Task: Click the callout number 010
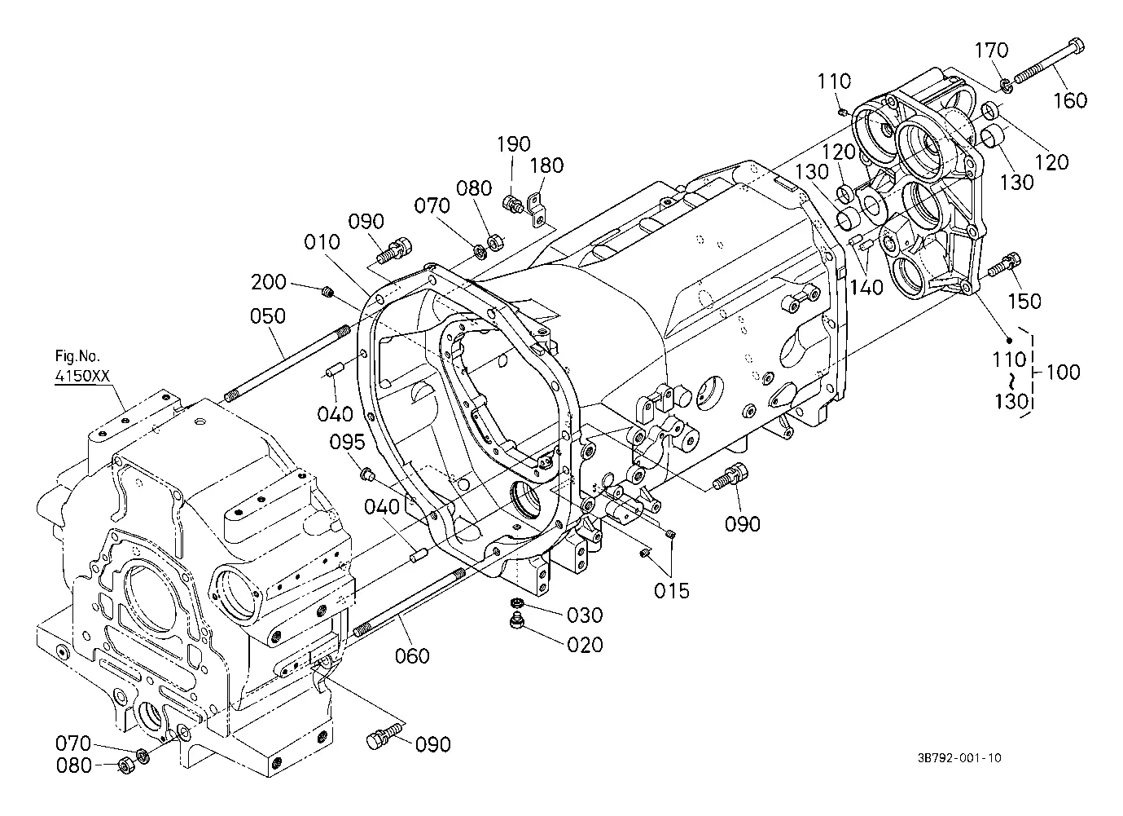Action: pyautogui.click(x=322, y=242)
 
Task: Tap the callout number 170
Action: pyautogui.click(x=991, y=51)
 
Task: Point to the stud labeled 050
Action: pyautogui.click(x=287, y=363)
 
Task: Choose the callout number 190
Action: pyautogui.click(x=513, y=144)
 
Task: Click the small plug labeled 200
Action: pyautogui.click(x=328, y=291)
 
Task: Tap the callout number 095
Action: pyautogui.click(x=347, y=442)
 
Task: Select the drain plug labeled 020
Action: pyautogui.click(x=515, y=621)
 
